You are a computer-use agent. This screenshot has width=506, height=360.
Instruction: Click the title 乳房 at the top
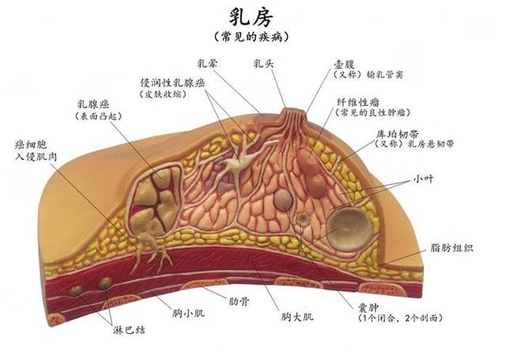(x=251, y=17)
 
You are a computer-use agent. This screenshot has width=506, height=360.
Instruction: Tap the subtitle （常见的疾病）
(x=251, y=36)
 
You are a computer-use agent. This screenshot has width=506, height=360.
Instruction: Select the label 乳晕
(x=207, y=63)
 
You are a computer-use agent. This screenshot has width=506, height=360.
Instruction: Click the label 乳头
(x=263, y=63)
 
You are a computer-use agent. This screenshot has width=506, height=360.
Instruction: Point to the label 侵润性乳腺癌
(x=172, y=82)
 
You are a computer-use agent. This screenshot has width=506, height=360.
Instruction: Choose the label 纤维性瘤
(x=358, y=102)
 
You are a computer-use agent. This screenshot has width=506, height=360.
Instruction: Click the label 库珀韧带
(x=397, y=134)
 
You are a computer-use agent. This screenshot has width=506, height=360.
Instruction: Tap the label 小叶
(x=423, y=179)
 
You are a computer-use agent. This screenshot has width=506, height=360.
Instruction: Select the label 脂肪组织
(x=451, y=248)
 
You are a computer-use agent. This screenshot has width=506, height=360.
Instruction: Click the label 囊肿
(x=368, y=307)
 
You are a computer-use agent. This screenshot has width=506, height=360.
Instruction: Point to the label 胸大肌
(x=297, y=316)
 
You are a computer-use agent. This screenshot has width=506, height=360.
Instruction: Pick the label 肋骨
(x=239, y=301)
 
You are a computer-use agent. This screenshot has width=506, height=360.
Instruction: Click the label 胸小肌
(x=188, y=313)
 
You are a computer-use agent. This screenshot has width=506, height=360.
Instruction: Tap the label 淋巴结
(x=129, y=330)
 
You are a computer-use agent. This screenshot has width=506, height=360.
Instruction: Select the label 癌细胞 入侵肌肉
(x=36, y=150)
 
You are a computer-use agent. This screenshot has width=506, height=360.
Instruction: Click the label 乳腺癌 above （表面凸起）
(x=93, y=104)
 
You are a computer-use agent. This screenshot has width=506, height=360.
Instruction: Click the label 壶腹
(x=344, y=64)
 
